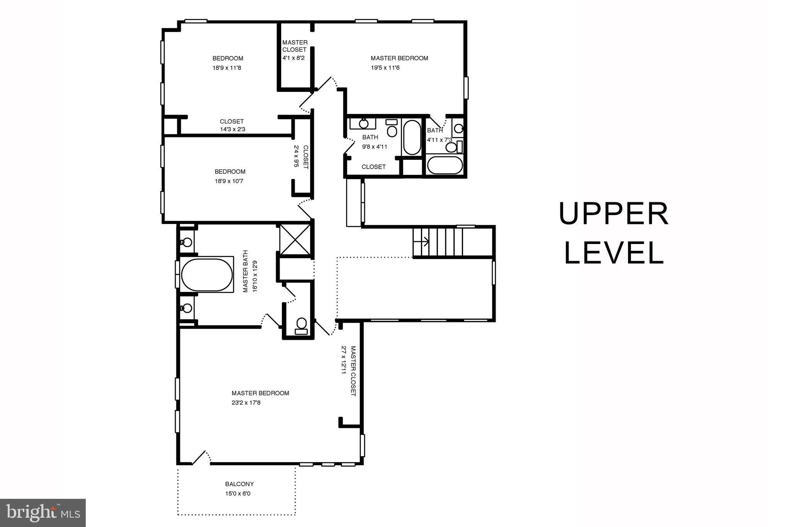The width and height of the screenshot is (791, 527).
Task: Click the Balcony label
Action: [x=239, y=484]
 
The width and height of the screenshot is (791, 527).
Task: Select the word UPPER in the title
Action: [x=613, y=214]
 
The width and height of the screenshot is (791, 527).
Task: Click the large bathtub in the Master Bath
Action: [x=207, y=275]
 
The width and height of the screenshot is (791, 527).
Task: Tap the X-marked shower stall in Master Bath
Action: [x=295, y=239]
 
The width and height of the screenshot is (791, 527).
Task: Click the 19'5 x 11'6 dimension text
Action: [x=385, y=68]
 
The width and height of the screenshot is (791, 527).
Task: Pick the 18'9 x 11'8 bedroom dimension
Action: [x=227, y=68]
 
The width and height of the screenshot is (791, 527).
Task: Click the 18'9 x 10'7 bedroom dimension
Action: [x=229, y=181]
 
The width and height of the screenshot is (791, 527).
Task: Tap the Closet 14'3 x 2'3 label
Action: [x=232, y=125]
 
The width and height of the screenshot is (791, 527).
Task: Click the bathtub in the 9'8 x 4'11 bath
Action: [x=412, y=137]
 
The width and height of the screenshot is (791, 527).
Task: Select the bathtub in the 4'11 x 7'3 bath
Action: [x=445, y=165]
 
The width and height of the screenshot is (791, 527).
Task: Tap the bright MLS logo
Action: [x=42, y=513]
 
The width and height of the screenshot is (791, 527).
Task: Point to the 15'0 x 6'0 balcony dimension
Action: [x=238, y=493]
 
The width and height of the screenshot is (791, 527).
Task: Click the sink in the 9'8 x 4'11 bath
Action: [x=363, y=124]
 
